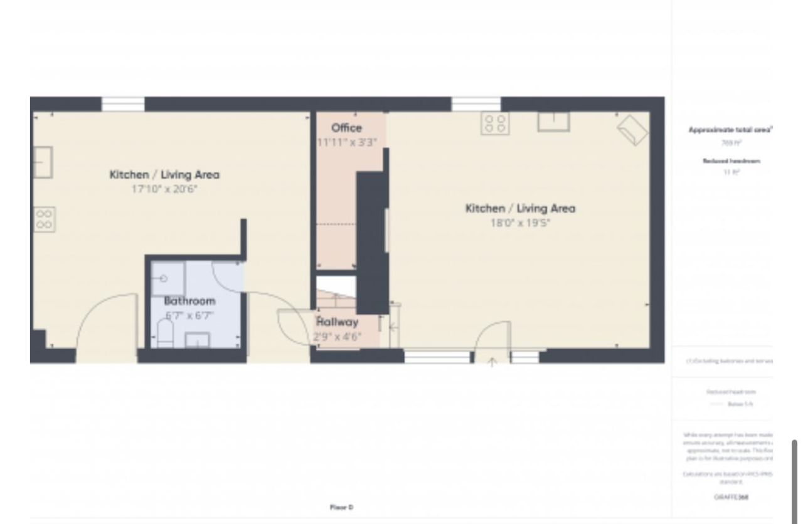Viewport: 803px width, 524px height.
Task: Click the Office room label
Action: click(346, 128)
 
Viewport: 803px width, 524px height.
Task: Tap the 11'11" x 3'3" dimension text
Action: click(347, 142)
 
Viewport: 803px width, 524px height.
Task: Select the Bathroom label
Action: click(189, 301)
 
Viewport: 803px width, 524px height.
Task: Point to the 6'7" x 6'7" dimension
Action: click(189, 315)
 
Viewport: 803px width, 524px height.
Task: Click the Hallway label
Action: click(338, 322)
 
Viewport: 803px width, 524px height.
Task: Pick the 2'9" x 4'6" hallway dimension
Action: click(338, 337)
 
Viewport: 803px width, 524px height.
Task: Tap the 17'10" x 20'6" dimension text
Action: click(164, 189)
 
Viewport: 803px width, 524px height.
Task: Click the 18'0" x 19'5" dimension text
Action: click(520, 223)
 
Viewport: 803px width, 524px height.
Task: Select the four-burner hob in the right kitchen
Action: click(494, 123)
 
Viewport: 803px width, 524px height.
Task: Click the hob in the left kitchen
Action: click(44, 220)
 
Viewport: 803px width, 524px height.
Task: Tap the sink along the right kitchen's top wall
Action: click(553, 122)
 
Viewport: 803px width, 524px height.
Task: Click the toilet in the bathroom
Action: click(164, 333)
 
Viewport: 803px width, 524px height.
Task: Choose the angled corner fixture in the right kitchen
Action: click(632, 130)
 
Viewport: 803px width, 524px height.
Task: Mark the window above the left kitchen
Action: click(123, 104)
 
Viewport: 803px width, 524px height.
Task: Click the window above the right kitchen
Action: click(476, 104)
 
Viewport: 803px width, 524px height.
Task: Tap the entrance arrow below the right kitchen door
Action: click(492, 362)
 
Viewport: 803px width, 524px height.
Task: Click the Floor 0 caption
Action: click(342, 506)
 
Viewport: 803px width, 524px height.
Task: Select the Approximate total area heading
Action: click(730, 130)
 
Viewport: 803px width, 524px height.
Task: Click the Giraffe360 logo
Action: click(731, 497)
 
